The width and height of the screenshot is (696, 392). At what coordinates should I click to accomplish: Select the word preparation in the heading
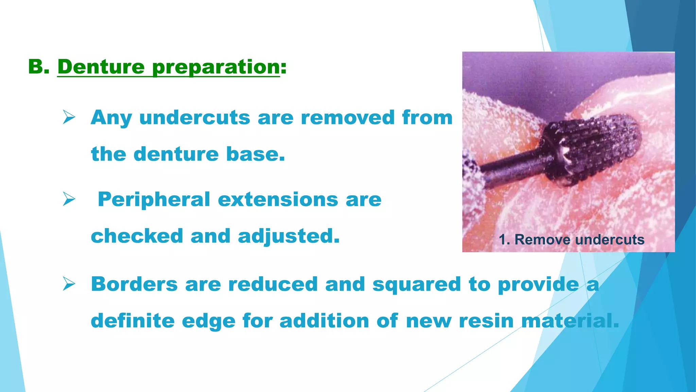tap(216, 67)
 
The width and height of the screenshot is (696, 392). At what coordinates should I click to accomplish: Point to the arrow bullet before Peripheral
tap(69, 199)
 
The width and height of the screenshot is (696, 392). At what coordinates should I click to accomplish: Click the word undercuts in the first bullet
tap(195, 118)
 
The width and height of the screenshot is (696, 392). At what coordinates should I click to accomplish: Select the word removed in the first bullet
tap(347, 118)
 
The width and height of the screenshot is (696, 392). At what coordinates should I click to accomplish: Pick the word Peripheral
tap(154, 199)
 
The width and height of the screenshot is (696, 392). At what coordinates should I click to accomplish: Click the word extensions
tap(278, 199)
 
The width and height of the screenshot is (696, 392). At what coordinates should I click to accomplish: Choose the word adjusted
tap(289, 236)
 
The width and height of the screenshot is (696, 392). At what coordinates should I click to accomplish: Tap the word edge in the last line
tap(208, 321)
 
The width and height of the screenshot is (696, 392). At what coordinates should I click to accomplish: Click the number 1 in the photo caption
tap(502, 240)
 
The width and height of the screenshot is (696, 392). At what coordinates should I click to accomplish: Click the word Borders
tap(134, 284)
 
